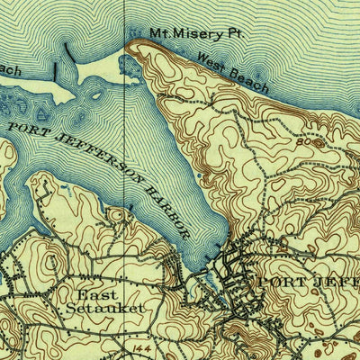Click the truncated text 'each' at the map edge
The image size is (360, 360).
click(9, 69)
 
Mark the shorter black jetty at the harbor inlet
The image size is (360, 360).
click(54, 72)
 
